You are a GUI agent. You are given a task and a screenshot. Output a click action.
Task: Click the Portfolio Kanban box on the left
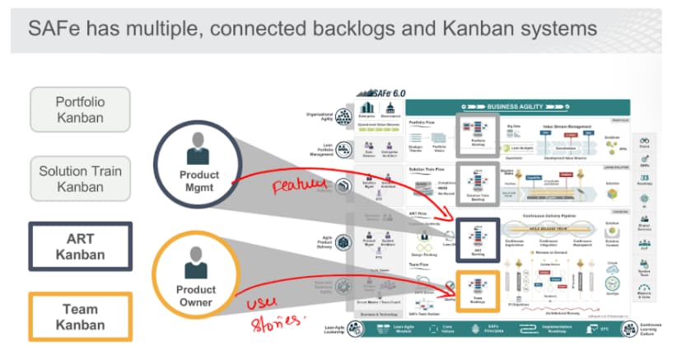point(80,110)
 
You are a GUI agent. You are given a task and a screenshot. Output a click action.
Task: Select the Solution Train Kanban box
point(80,179)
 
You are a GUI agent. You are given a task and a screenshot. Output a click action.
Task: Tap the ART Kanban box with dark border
point(80,245)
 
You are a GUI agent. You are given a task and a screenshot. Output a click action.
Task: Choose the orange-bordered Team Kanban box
point(80,316)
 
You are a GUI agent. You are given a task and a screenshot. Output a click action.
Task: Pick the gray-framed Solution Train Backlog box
point(475,183)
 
